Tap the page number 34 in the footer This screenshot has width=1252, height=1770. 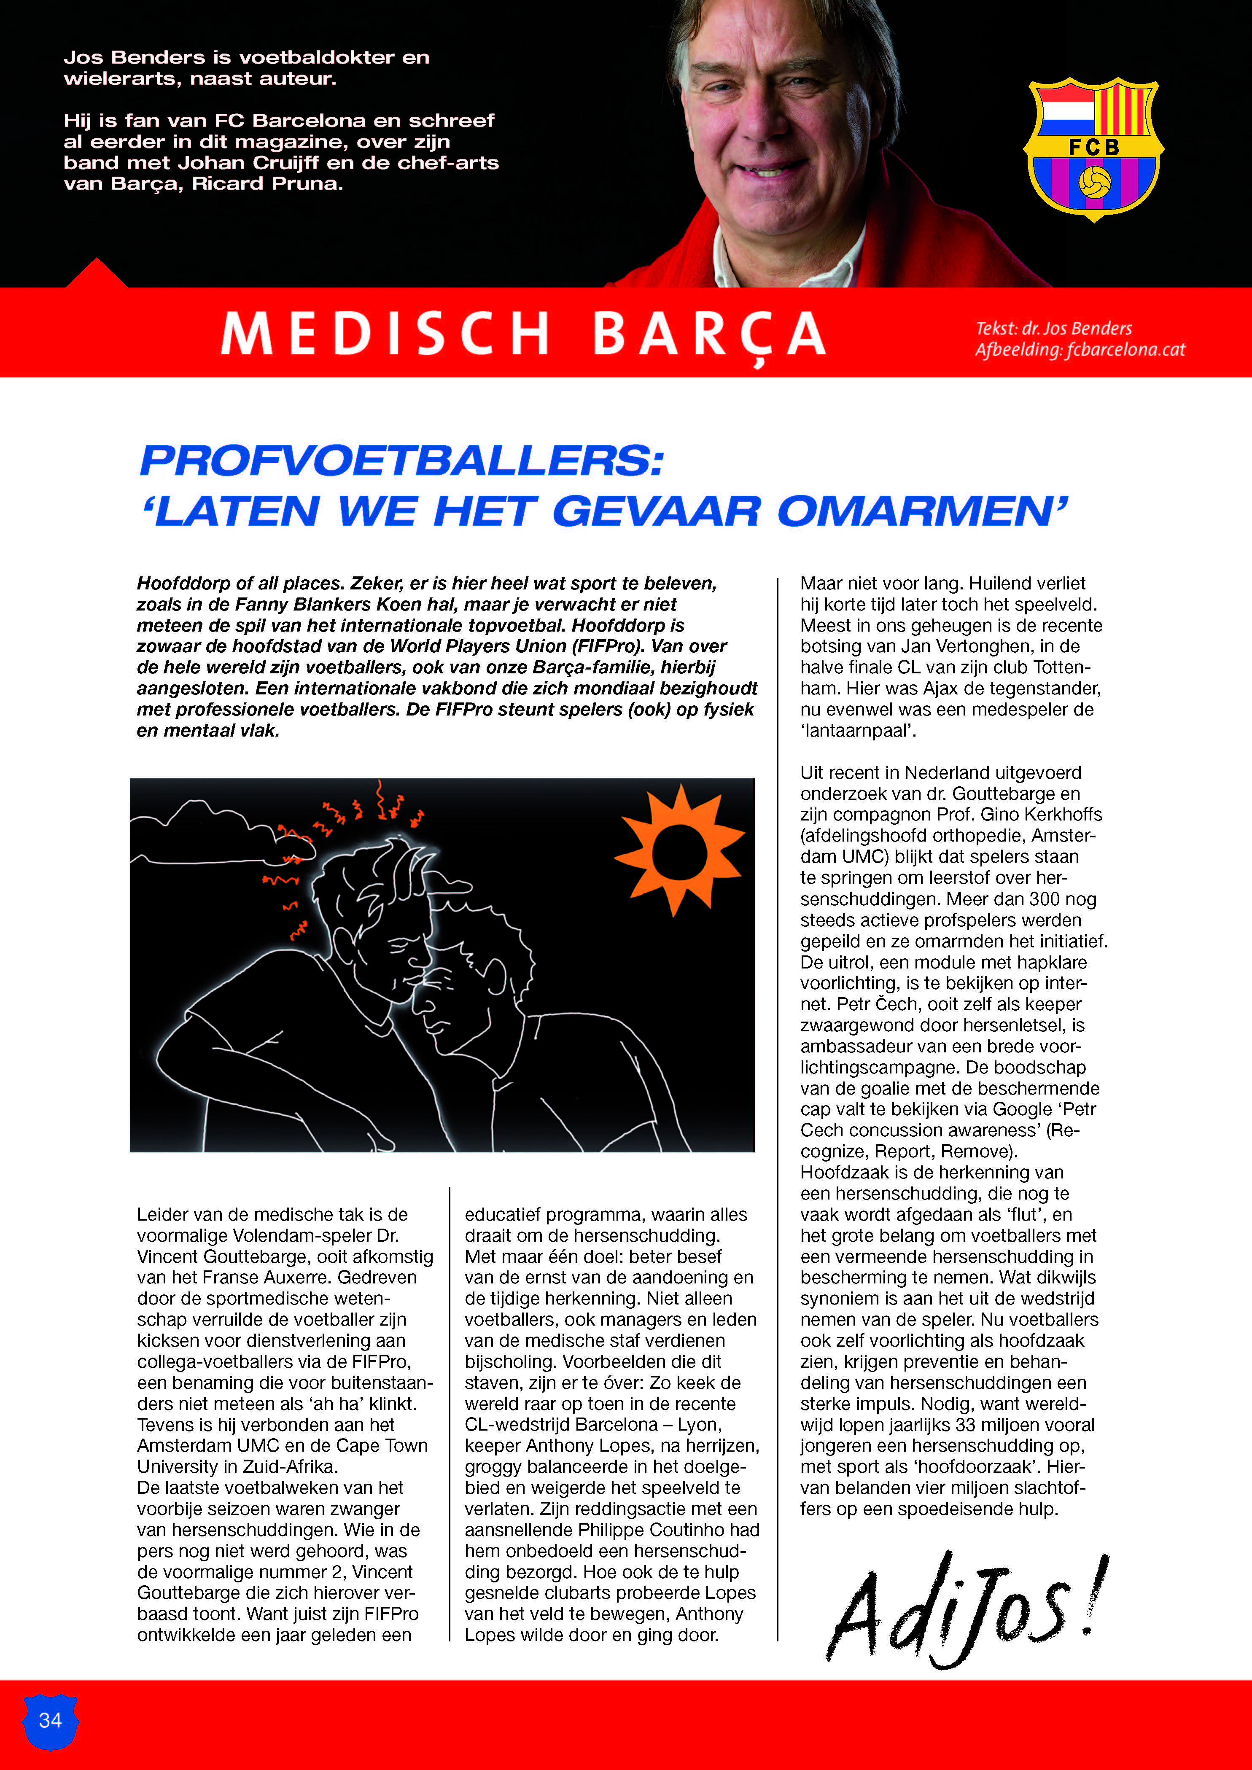click(x=50, y=1720)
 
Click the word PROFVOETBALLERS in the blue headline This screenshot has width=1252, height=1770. click(x=401, y=461)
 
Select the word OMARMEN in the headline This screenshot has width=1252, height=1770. click(x=921, y=511)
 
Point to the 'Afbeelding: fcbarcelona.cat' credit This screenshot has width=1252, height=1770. click(x=1079, y=350)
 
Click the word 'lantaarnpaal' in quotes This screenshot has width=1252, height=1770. click(x=858, y=731)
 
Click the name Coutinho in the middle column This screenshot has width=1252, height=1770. click(x=721, y=1530)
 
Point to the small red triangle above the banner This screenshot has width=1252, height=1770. click(x=97, y=274)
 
